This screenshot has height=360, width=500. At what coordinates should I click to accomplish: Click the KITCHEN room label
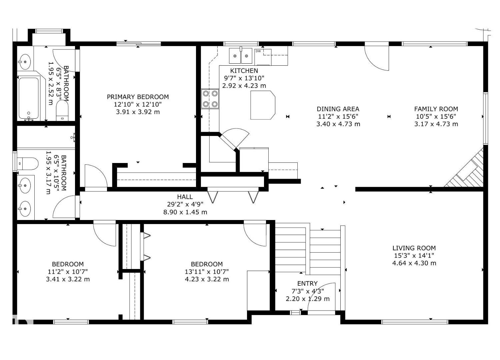pyautogui.click(x=244, y=71)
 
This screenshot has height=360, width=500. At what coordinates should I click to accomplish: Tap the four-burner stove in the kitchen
pyautogui.click(x=210, y=99)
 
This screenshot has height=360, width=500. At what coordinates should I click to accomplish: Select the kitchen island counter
pyautogui.click(x=262, y=105)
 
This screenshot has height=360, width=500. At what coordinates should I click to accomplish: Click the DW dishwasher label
pyautogui.click(x=258, y=51)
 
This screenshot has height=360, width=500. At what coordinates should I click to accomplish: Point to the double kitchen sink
pyautogui.click(x=240, y=55)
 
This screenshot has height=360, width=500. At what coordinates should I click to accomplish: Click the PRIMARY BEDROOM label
pyautogui.click(x=138, y=97)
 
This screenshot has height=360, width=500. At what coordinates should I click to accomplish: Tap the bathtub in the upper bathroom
pyautogui.click(x=29, y=98)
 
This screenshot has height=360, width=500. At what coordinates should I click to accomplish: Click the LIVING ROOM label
pyautogui.click(x=414, y=248)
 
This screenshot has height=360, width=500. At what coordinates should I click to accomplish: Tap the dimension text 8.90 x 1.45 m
pyautogui.click(x=185, y=212)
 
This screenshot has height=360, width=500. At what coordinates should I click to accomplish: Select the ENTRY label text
pyautogui.click(x=307, y=283)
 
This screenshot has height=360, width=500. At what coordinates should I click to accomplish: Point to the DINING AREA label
pyautogui.click(x=338, y=109)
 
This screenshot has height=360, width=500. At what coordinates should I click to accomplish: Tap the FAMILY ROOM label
pyautogui.click(x=436, y=109)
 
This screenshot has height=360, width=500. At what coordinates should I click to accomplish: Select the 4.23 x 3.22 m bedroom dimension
pyautogui.click(x=207, y=279)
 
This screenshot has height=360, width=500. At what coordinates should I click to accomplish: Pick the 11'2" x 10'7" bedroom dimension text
pyautogui.click(x=68, y=272)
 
